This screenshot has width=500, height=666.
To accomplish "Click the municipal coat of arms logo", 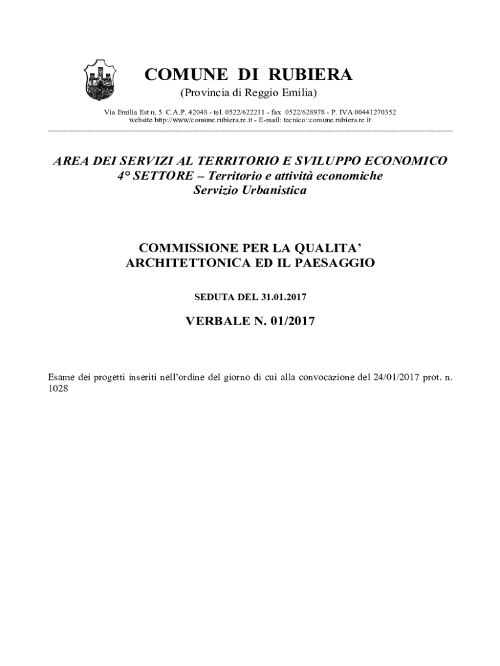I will pos(99,79).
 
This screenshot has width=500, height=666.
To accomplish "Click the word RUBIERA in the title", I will pos(306,75).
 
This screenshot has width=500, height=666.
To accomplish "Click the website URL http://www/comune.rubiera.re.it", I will pos(177,120).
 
